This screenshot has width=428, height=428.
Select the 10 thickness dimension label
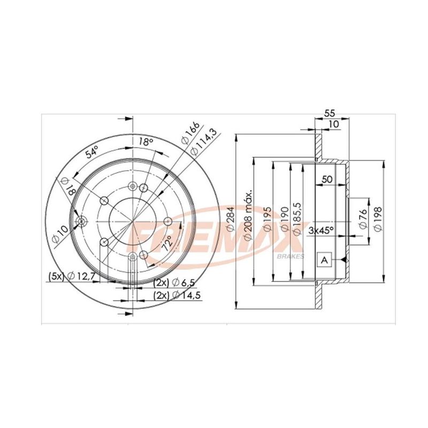pyautogui.click(x=333, y=124)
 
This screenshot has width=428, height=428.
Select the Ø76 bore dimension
pyautogui.click(x=363, y=218)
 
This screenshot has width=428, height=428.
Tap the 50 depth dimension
pyautogui.click(x=327, y=179)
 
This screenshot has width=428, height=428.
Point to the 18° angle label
pyautogui.click(x=145, y=142)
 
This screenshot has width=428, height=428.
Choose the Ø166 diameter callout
pyautogui.click(x=191, y=132)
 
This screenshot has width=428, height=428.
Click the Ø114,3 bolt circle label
pyautogui.click(x=203, y=142)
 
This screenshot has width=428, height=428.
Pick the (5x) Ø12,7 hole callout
pyautogui.click(x=72, y=276)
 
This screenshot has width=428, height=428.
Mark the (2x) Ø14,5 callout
pyautogui.click(x=177, y=295)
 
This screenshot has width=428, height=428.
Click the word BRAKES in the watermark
pyautogui.click(x=291, y=257)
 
